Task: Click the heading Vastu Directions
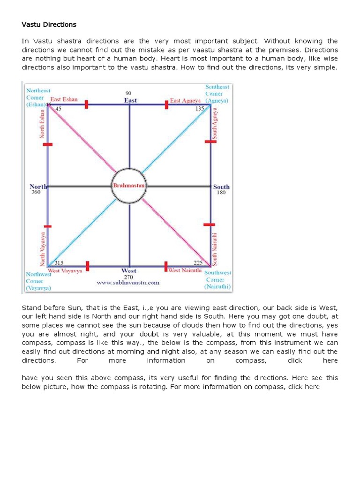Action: [49, 24]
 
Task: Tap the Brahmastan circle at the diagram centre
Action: [129, 186]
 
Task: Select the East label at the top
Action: [130, 100]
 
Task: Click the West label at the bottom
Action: [128, 270]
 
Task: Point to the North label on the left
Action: [38, 187]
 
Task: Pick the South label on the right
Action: [221, 187]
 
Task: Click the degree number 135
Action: [200, 109]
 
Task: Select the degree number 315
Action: [59, 263]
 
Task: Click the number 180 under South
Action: [221, 193]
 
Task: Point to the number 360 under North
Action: [36, 192]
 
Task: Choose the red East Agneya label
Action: [185, 100]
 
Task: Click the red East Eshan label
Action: [64, 99]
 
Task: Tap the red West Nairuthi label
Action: [185, 270]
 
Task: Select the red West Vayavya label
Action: [66, 270]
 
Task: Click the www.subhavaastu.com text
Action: [128, 283]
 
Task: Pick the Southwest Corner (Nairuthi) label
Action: [218, 279]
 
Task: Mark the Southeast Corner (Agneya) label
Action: [217, 93]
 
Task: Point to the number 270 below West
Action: [128, 277]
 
